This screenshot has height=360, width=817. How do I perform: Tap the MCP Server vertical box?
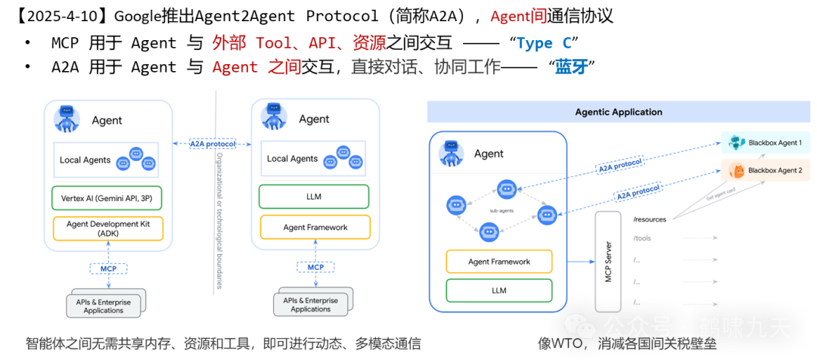click(607, 262)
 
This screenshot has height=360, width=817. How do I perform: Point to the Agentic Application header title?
click(618, 112)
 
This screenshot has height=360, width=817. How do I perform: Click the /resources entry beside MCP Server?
click(650, 219)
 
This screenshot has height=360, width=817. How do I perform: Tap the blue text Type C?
click(544, 43)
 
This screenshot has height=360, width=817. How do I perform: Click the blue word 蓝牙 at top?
click(571, 67)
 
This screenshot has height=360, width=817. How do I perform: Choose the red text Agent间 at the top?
click(518, 17)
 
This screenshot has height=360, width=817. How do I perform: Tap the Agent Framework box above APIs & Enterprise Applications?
click(315, 227)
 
